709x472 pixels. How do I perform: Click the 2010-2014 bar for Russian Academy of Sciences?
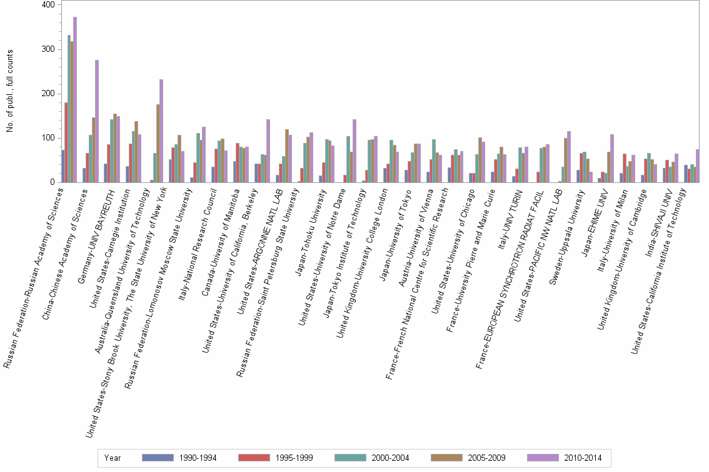click(x=75, y=100)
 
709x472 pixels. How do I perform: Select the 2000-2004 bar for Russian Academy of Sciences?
click(x=69, y=109)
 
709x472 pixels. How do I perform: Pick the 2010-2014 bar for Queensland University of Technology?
click(x=161, y=131)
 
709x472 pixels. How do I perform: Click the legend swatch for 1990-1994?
click(x=158, y=458)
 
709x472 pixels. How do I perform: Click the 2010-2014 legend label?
click(x=581, y=458)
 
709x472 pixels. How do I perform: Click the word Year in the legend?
click(x=113, y=458)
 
